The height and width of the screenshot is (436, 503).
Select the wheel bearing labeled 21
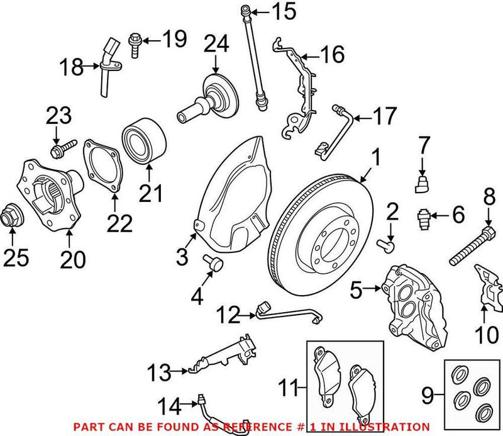coord(143,144)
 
